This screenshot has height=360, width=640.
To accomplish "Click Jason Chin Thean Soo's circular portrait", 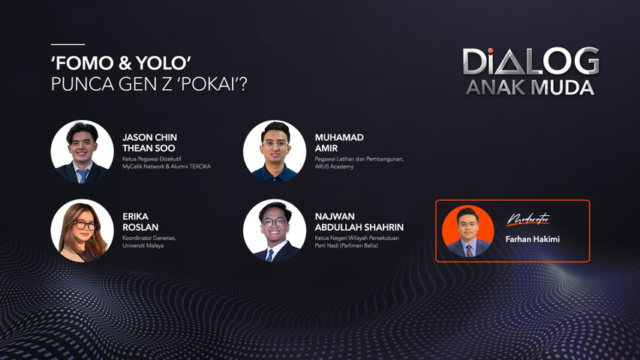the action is (x=82, y=151).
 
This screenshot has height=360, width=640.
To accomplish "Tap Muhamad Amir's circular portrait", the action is (x=275, y=151).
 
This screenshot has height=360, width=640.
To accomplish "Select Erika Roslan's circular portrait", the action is (x=82, y=230).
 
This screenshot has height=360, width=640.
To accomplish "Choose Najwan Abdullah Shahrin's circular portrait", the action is (x=275, y=230).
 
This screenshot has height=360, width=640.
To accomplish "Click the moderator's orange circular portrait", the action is (x=467, y=231).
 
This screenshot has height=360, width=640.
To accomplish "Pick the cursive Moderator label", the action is (x=528, y=219).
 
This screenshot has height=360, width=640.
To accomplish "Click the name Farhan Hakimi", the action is (x=532, y=239).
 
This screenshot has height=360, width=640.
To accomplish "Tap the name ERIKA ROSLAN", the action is (x=140, y=222).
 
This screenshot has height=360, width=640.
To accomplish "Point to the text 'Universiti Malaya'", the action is (x=143, y=246).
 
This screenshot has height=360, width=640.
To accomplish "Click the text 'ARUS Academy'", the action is (x=334, y=166).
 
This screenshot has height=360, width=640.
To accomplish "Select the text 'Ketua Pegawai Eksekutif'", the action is (x=152, y=159).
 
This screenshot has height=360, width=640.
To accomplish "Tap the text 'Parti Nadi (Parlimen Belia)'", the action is (x=346, y=246).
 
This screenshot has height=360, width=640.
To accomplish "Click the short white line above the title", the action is (x=68, y=44).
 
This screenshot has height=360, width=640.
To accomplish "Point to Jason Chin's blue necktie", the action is (x=83, y=175).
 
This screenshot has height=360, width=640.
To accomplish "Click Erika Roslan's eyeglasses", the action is (x=85, y=225).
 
